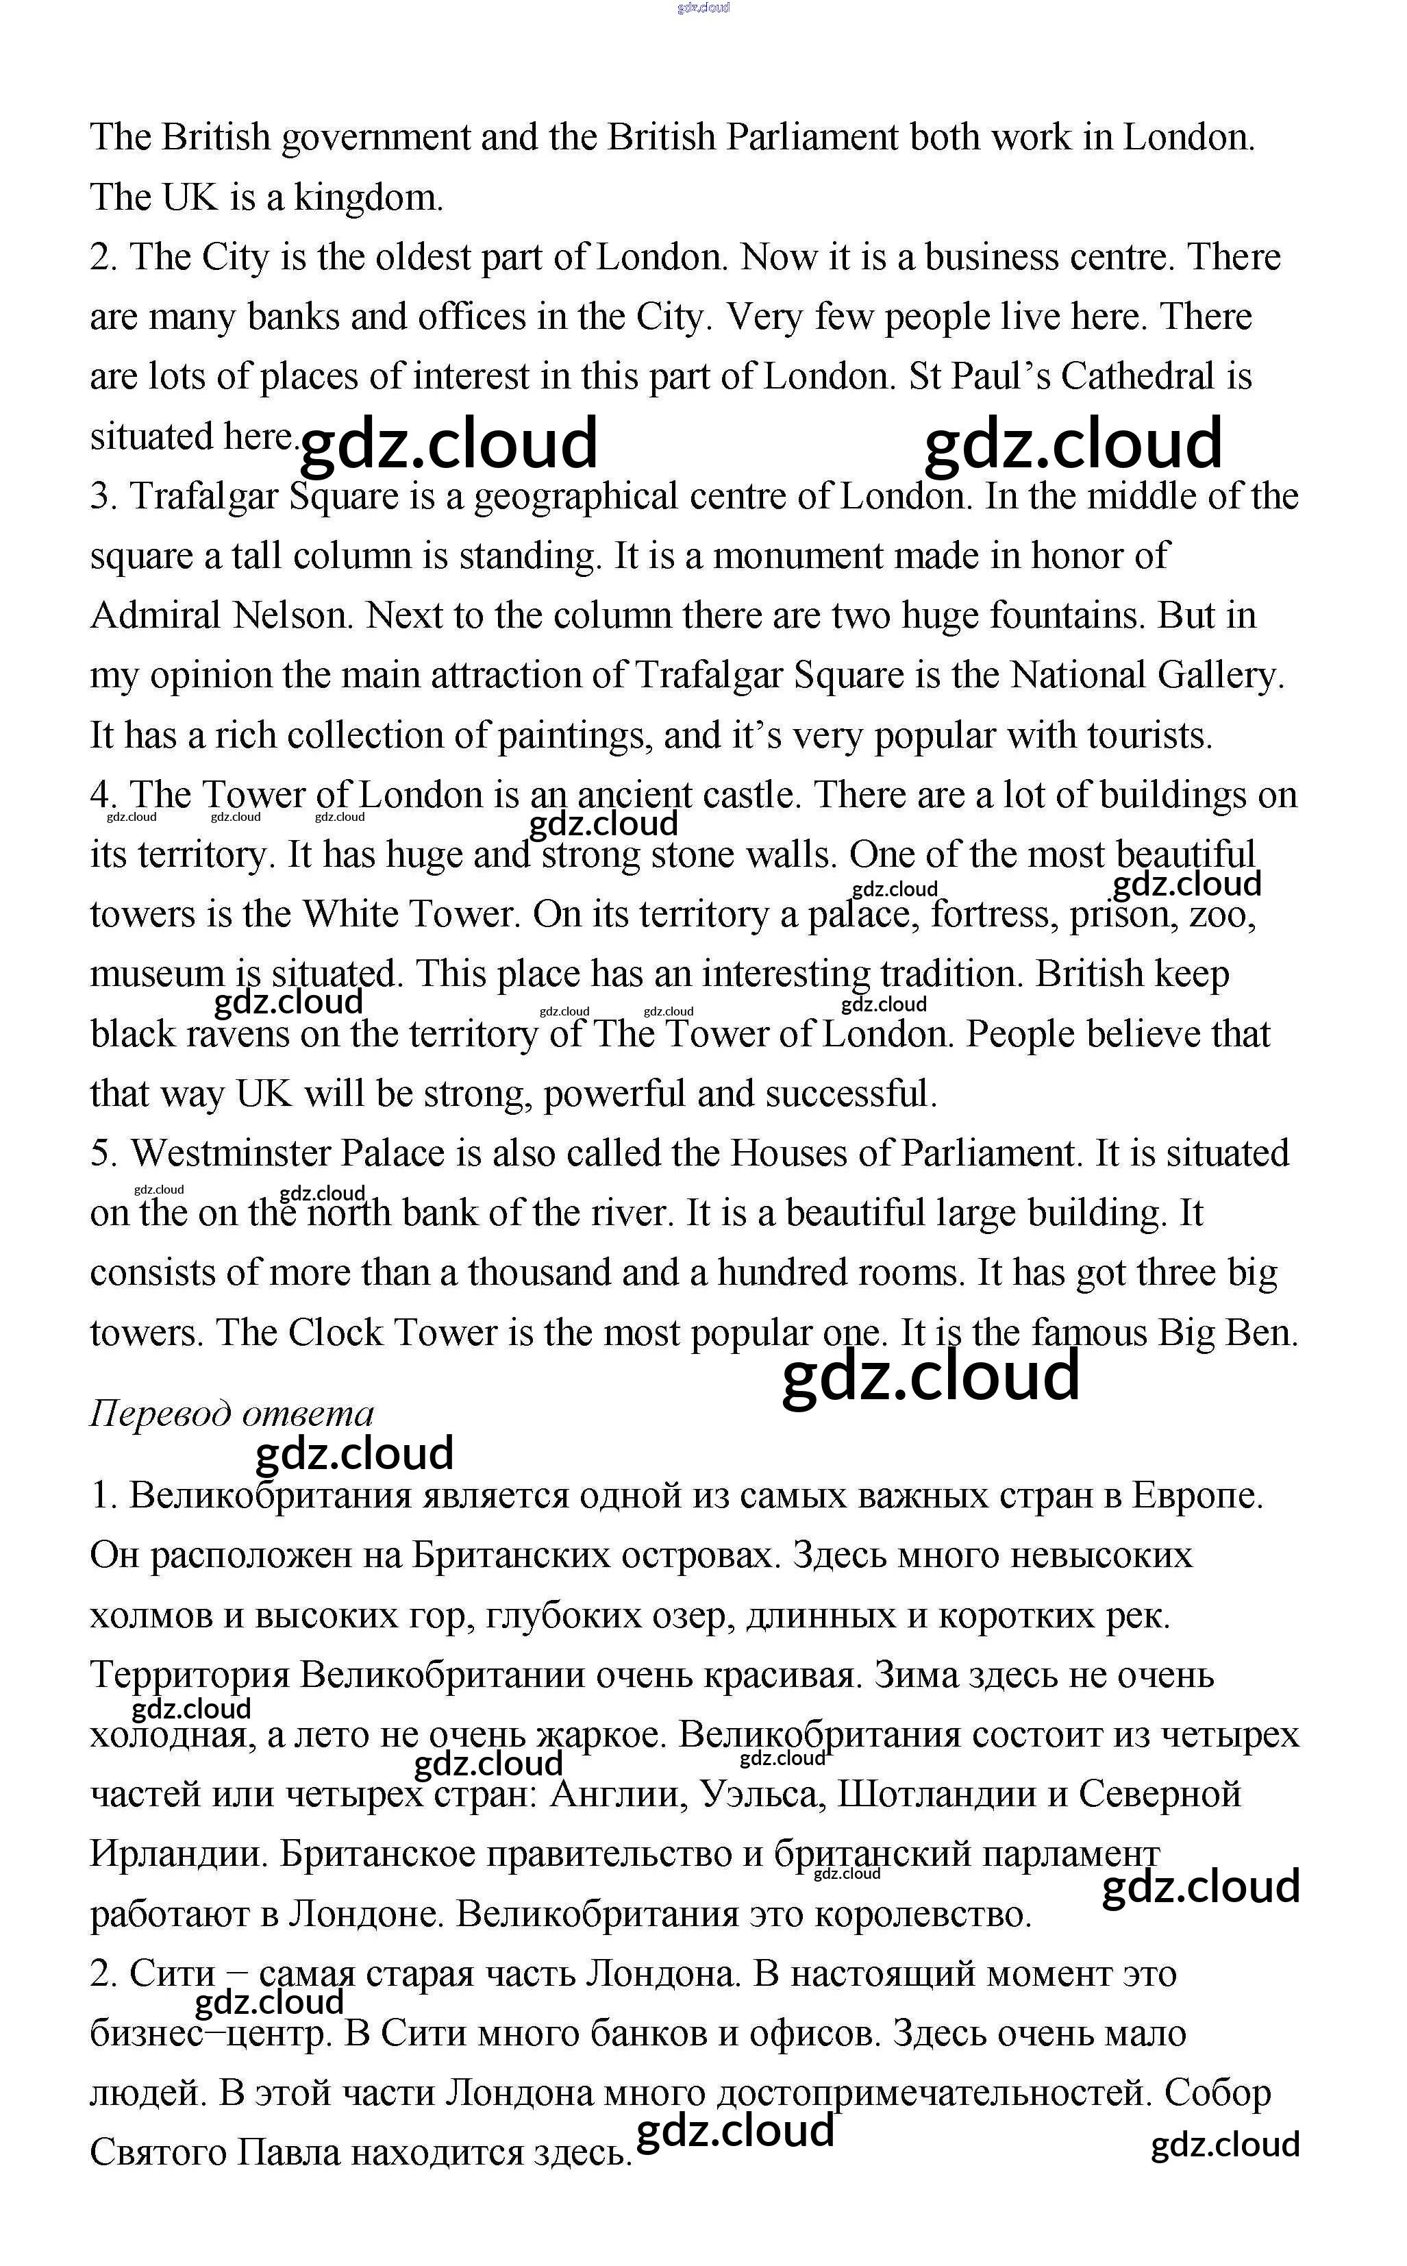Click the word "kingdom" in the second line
pos(363,198)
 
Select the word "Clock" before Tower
pos(335,1333)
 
